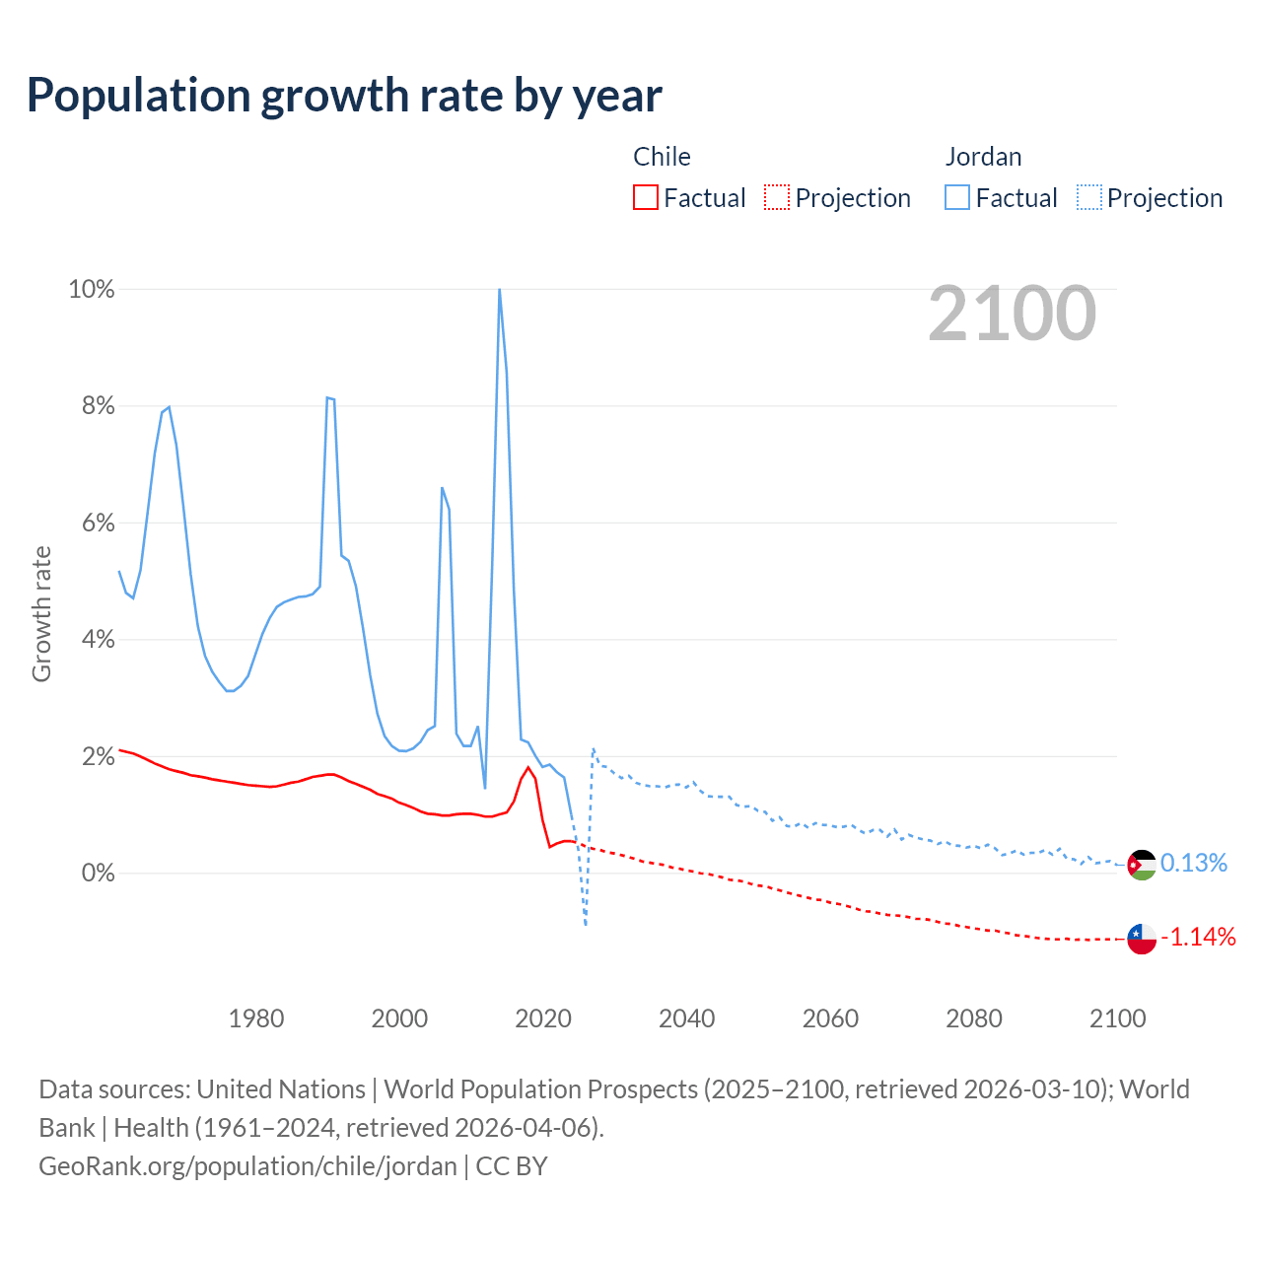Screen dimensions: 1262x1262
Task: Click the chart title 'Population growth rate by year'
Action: point(344,96)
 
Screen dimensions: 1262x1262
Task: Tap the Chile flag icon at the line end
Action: point(1142,939)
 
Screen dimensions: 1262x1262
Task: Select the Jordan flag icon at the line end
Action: point(1142,865)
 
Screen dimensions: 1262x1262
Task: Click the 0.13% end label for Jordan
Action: point(1194,864)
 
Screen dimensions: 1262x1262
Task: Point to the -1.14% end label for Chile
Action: point(1198,937)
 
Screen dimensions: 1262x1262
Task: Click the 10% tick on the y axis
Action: point(92,290)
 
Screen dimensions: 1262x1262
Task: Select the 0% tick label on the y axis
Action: point(97,874)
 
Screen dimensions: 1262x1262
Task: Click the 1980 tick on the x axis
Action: point(256,1018)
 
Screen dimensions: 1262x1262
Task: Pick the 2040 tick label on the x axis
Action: point(687,1018)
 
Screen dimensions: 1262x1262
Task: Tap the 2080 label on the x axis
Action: point(974,1018)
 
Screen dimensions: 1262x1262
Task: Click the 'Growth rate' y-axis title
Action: point(41,613)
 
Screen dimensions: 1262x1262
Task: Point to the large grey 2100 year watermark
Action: point(1012,314)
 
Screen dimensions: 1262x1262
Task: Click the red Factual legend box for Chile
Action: point(646,198)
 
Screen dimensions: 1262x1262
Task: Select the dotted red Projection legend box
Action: point(777,198)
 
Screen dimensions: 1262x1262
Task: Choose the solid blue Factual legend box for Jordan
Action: point(957,198)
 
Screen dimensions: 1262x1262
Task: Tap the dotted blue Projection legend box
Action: point(1088,198)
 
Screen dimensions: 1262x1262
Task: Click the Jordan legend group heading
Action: point(983,157)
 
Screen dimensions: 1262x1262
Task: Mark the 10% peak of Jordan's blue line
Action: point(500,290)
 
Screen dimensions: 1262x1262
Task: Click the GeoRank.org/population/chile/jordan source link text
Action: point(247,1166)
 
